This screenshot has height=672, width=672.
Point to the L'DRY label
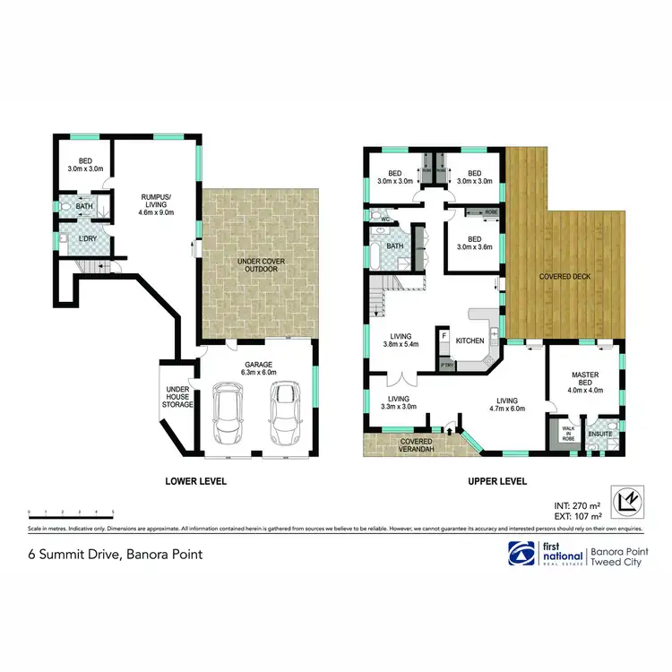point(88,241)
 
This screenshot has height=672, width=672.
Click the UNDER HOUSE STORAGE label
point(178,397)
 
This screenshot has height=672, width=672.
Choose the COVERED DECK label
point(564,278)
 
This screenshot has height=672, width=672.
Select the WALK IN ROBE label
point(568,434)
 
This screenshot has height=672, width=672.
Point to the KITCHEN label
point(470,340)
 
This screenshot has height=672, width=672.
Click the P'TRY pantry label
point(444,366)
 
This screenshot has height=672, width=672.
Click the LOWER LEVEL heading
point(196,481)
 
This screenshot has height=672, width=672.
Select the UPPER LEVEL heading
point(496,481)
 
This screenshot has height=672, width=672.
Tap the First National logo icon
point(520,553)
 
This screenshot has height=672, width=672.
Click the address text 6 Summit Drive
point(113,555)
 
